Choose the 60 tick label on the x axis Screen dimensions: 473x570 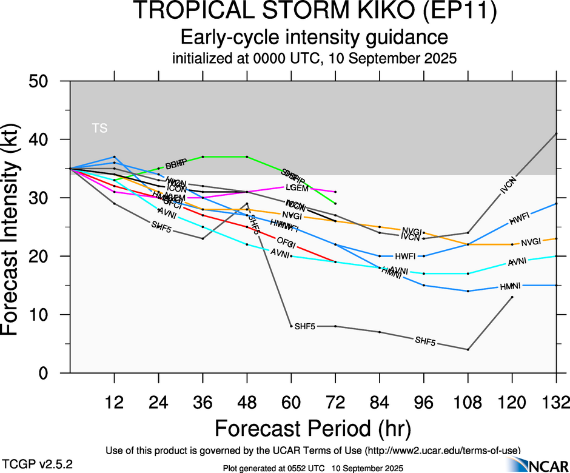(291, 402)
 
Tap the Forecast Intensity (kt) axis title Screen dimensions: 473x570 (16, 227)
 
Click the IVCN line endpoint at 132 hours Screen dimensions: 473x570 (557, 133)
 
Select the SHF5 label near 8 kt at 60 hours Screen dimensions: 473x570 (305, 327)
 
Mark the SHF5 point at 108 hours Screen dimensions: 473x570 (468, 349)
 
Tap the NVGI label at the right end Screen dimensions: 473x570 (531, 242)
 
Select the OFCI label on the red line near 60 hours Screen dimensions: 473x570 (286, 244)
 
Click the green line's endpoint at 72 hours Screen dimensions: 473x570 (335, 203)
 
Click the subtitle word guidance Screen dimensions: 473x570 (406, 38)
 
